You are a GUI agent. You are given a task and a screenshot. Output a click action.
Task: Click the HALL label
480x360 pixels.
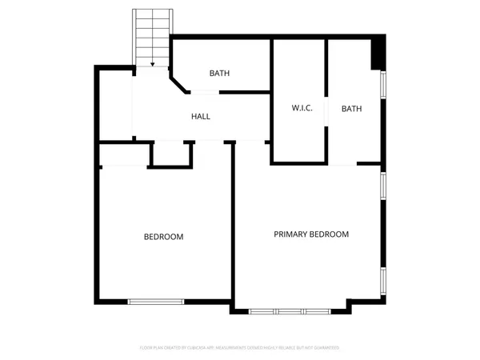point(201,117)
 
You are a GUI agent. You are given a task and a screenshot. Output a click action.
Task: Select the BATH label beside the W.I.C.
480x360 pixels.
point(352,109)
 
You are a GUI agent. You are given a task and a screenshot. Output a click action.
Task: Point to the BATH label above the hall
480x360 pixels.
point(220,74)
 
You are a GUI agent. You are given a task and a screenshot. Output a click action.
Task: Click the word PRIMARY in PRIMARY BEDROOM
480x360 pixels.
point(291,234)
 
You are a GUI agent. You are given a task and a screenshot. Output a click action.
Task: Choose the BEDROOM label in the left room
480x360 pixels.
point(163,237)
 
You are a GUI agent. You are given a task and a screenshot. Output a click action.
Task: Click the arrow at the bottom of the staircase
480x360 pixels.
point(153,64)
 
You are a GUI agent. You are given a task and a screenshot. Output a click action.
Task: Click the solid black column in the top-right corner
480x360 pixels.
point(378,54)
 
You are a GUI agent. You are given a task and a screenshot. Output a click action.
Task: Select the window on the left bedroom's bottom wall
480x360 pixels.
point(157,301)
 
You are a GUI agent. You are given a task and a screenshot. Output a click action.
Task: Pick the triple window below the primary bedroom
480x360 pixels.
point(289,310)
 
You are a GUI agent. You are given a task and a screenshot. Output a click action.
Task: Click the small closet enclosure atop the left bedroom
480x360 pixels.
point(171,155)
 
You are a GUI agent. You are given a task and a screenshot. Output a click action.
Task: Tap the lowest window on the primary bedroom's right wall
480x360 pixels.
point(383,279)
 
